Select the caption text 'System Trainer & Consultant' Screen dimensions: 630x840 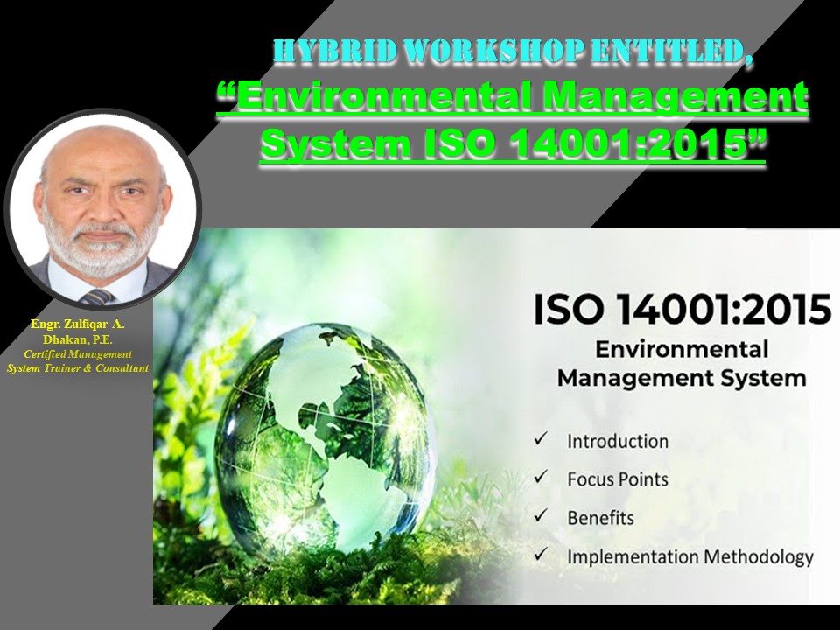point(78,367)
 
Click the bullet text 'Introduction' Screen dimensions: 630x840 point(618,441)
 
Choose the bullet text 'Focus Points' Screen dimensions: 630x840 point(618,479)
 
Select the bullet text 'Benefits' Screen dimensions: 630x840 point(601,518)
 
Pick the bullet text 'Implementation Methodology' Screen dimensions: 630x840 point(690,556)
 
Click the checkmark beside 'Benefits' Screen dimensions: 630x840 point(542,516)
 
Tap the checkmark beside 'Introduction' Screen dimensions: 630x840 point(542,439)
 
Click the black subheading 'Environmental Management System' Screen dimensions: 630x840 point(682,364)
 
